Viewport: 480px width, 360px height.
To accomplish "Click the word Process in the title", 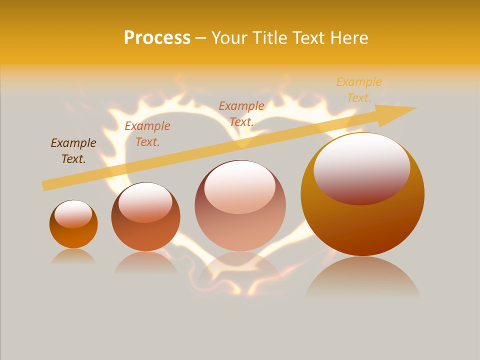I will coord(157,38).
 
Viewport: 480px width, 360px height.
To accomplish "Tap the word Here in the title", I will coord(349,38).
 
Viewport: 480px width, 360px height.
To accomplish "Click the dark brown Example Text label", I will coord(73,151).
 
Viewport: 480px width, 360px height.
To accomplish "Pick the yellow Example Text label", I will coord(359,90).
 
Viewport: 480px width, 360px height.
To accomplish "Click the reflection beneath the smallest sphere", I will coord(73,256).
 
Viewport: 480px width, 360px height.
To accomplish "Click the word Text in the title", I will coord(306,38).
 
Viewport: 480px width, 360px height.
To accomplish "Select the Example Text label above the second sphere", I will coord(147,134).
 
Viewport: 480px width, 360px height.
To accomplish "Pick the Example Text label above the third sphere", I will coord(241,114).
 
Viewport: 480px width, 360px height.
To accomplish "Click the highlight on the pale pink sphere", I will coord(240,186).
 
